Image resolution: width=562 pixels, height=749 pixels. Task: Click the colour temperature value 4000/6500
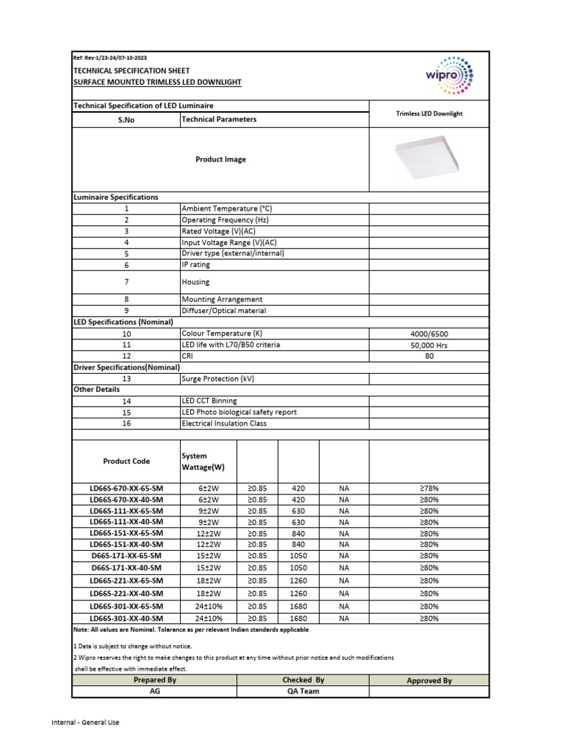click(x=429, y=333)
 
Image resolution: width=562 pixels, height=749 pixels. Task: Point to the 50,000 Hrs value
click(x=429, y=345)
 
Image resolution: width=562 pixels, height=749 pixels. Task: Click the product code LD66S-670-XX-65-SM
click(x=127, y=488)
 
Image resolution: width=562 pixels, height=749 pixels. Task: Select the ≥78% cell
click(x=429, y=488)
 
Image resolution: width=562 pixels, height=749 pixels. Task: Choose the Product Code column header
click(x=127, y=462)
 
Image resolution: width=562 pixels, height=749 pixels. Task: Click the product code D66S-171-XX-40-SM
click(x=127, y=568)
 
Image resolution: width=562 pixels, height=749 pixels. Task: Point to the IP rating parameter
click(x=195, y=265)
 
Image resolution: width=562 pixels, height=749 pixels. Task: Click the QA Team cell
click(x=303, y=691)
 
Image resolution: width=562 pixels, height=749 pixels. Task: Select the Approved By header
click(x=429, y=680)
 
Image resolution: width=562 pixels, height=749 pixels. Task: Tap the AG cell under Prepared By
click(x=154, y=691)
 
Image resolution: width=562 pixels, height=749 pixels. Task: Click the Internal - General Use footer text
click(x=85, y=723)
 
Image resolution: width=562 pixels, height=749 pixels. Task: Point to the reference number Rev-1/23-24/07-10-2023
click(x=110, y=58)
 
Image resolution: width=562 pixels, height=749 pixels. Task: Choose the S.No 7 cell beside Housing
click(x=127, y=282)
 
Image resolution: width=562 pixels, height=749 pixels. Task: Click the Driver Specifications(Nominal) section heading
click(x=127, y=367)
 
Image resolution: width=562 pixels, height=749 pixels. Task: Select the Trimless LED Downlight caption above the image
click(x=429, y=114)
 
